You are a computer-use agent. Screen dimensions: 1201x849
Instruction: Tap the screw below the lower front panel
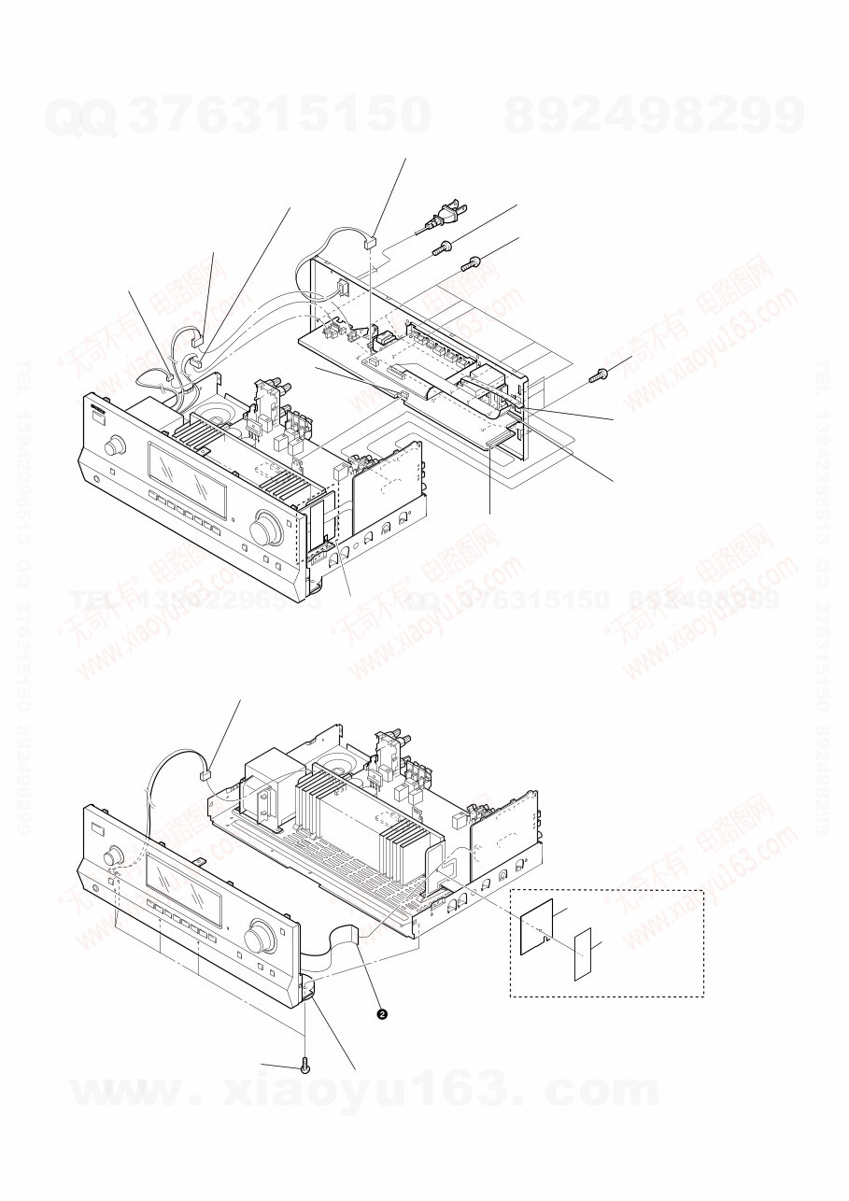pyautogui.click(x=306, y=1066)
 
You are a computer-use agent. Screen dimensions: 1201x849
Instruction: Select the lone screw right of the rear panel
pyautogui.click(x=600, y=374)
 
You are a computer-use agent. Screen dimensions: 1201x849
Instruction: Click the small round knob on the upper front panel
pyautogui.click(x=115, y=446)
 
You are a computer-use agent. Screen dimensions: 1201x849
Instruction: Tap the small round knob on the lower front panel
pyautogui.click(x=114, y=855)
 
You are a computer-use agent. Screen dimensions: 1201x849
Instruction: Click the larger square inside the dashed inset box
pyautogui.click(x=535, y=928)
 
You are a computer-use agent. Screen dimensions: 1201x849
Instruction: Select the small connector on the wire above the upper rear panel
pyautogui.click(x=370, y=242)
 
